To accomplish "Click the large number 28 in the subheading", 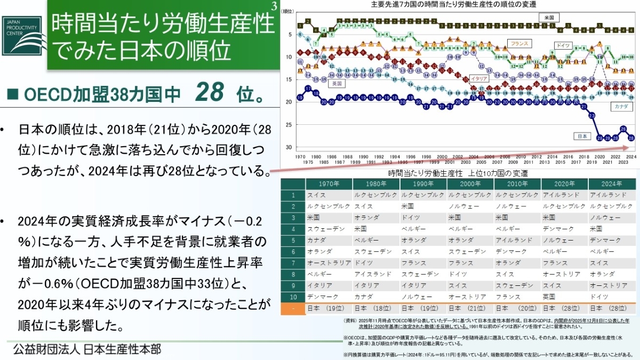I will [210, 94].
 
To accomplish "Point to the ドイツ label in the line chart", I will [563, 45].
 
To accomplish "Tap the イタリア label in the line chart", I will [478, 78].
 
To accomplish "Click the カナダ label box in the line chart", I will [621, 107].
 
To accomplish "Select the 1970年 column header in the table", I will [329, 183].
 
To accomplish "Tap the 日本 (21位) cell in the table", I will [470, 308].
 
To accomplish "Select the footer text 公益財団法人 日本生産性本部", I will [87, 349].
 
